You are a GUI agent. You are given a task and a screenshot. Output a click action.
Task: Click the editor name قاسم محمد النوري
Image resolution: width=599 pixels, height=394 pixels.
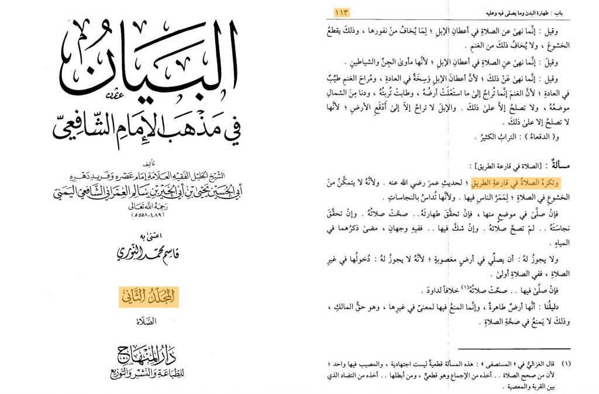[149, 253]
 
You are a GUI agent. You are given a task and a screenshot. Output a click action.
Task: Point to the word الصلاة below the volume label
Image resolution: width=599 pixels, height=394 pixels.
[149, 321]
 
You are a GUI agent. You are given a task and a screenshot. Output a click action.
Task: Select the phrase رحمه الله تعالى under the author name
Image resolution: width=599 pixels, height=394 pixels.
[149, 207]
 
